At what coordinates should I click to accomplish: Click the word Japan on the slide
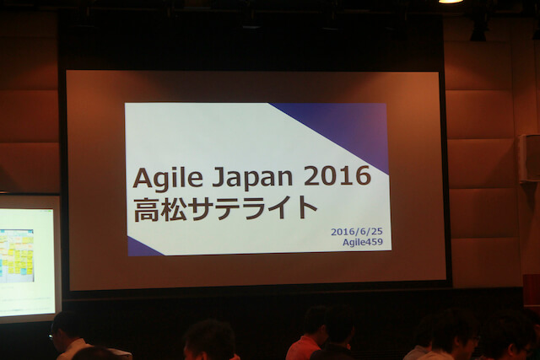240,178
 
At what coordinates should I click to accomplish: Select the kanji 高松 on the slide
160,207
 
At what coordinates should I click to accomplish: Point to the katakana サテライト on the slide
253,207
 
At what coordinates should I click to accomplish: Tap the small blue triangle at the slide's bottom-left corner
137,248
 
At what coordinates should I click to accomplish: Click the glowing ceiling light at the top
451,1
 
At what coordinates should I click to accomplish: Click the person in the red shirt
305,337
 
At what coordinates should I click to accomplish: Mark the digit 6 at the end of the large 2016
361,176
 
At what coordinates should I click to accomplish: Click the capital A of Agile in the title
141,178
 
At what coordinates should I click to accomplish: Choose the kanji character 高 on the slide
146,207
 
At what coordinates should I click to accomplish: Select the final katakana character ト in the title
306,207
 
